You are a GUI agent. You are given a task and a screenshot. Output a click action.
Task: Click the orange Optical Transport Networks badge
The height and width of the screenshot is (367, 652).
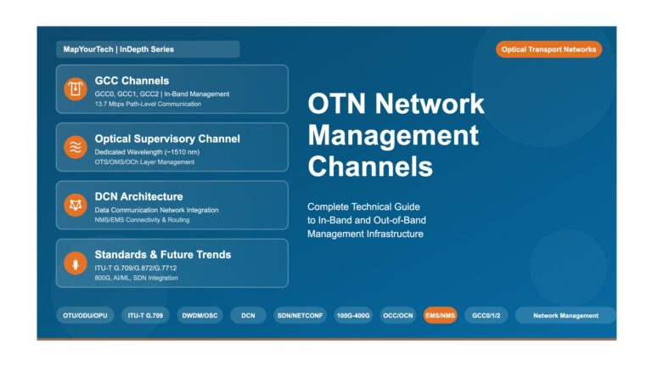(x=548, y=49)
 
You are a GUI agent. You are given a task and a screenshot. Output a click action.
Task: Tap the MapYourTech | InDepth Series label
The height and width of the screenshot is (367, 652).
(x=119, y=49)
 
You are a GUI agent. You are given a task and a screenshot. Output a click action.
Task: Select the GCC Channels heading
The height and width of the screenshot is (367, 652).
(x=132, y=81)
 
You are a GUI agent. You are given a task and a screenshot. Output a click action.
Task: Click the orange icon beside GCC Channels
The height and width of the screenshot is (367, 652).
(x=76, y=89)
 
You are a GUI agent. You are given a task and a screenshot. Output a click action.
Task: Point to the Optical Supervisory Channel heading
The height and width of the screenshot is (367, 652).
(x=167, y=139)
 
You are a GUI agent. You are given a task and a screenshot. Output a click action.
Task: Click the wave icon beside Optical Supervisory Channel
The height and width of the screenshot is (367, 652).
(x=76, y=147)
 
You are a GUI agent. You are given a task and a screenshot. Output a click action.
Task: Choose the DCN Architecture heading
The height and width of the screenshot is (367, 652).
(x=139, y=196)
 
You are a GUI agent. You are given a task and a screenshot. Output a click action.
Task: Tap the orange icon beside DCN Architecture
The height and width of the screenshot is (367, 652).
(x=76, y=205)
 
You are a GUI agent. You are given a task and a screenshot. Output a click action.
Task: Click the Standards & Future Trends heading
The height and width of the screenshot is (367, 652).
(x=163, y=255)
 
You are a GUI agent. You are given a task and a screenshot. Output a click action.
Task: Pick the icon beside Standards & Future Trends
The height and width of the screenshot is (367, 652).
(x=76, y=263)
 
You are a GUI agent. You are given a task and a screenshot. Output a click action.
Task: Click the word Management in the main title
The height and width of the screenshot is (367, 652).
(x=393, y=136)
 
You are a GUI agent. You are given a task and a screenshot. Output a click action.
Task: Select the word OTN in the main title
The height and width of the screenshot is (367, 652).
(x=337, y=104)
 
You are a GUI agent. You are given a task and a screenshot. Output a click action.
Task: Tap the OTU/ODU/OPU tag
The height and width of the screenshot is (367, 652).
(x=85, y=315)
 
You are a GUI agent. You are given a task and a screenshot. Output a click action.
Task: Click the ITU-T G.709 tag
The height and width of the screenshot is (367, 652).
(x=145, y=315)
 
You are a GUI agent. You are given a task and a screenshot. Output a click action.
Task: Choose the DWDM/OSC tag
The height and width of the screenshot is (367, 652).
(x=200, y=315)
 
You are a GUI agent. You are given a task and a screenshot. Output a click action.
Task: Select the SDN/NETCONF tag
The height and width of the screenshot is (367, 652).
(x=301, y=315)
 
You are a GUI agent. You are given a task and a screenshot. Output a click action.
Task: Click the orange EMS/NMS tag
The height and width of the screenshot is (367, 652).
(x=441, y=315)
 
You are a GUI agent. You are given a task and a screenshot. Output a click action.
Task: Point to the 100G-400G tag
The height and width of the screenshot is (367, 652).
(x=353, y=315)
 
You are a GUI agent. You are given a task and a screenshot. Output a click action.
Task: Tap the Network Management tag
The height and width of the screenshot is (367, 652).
(x=565, y=315)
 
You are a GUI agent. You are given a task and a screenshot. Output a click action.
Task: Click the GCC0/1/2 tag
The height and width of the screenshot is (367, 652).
(x=486, y=315)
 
